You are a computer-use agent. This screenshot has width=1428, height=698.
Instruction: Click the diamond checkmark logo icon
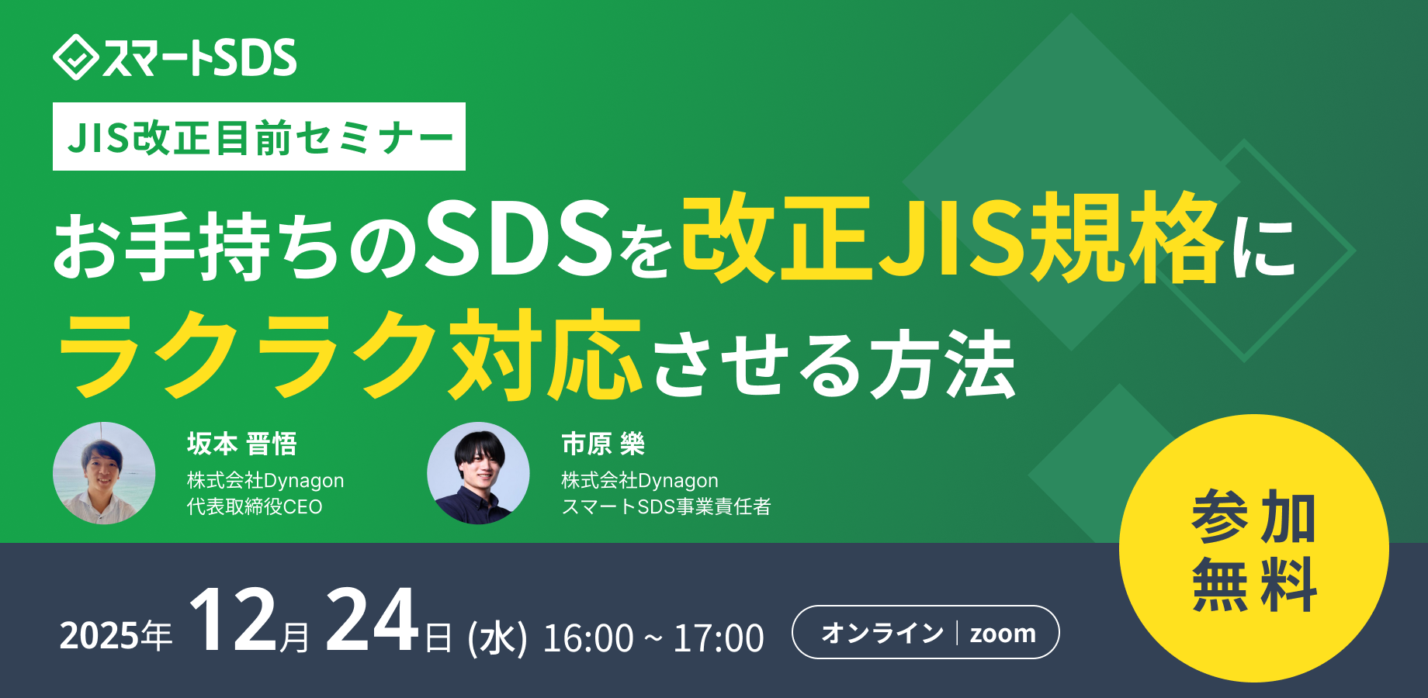coord(75,57)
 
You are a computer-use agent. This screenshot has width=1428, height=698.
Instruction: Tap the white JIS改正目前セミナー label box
coord(258,136)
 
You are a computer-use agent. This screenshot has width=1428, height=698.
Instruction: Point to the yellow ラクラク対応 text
coord(349,355)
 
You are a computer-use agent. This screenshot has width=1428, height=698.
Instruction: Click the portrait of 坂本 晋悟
coord(104,473)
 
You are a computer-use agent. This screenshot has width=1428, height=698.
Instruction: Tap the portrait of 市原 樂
coord(478,473)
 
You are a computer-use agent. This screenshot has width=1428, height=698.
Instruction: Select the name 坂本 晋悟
coord(242,444)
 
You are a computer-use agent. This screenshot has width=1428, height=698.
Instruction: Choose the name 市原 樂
coord(603,444)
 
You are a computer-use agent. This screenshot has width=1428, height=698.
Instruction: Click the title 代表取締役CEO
coord(255,506)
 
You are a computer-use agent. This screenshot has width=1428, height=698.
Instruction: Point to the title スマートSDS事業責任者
coord(666,506)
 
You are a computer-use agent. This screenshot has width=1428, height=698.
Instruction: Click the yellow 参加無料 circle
coord(1253,548)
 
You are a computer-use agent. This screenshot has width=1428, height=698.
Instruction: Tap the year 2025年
coord(116,636)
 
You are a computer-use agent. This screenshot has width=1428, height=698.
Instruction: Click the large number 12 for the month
coord(233,622)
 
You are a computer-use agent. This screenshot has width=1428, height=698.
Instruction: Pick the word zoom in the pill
coord(1003,634)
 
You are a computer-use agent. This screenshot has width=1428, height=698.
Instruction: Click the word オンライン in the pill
coord(882,633)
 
